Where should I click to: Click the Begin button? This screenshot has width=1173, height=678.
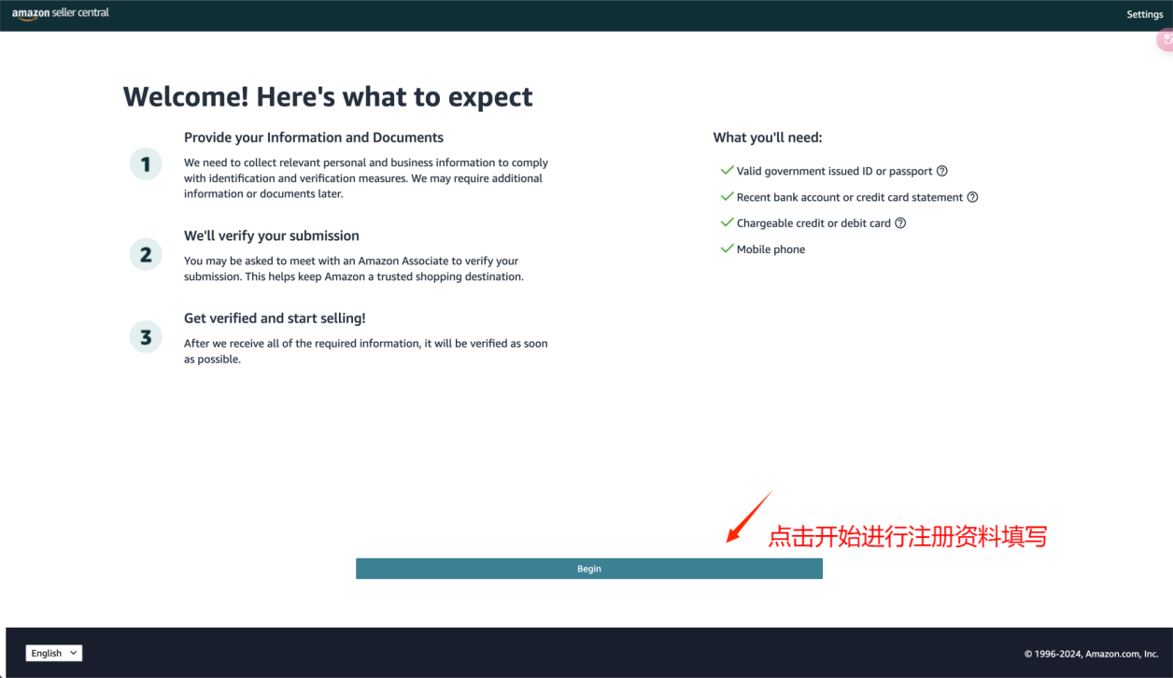[589, 569]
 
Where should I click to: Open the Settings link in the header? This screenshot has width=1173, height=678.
[1145, 15]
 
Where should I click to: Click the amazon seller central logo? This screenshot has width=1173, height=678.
[60, 14]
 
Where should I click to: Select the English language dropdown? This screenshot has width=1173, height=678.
[54, 653]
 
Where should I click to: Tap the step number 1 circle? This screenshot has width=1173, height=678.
[146, 163]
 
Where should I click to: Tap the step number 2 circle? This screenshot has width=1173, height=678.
[146, 254]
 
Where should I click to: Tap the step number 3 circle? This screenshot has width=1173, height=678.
[146, 336]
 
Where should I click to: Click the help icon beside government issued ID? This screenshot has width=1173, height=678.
[942, 171]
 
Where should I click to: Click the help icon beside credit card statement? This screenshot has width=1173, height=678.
[972, 197]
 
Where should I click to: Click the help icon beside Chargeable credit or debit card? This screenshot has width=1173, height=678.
[900, 223]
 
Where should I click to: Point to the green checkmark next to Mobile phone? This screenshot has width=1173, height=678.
[727, 248]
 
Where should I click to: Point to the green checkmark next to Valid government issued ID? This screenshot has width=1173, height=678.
[727, 170]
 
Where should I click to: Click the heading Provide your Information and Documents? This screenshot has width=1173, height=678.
[314, 137]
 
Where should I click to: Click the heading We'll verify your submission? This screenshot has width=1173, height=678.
[271, 235]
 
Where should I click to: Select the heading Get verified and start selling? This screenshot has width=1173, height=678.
[275, 318]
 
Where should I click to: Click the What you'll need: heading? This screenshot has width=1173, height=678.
[768, 137]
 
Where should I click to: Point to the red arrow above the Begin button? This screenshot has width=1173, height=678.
[749, 516]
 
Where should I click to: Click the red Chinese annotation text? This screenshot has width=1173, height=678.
[908, 537]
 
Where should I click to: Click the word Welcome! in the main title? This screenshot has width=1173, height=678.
[186, 97]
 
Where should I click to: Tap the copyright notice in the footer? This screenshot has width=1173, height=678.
[1092, 654]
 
